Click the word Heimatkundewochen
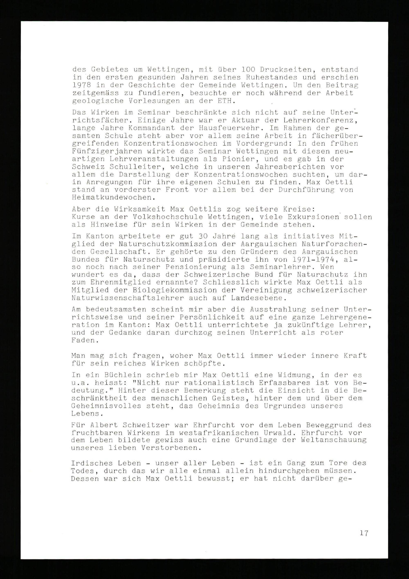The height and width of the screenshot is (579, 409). (x=113, y=198)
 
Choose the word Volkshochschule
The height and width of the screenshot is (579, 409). (x=165, y=217)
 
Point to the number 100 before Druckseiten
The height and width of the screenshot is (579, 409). (x=250, y=69)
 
